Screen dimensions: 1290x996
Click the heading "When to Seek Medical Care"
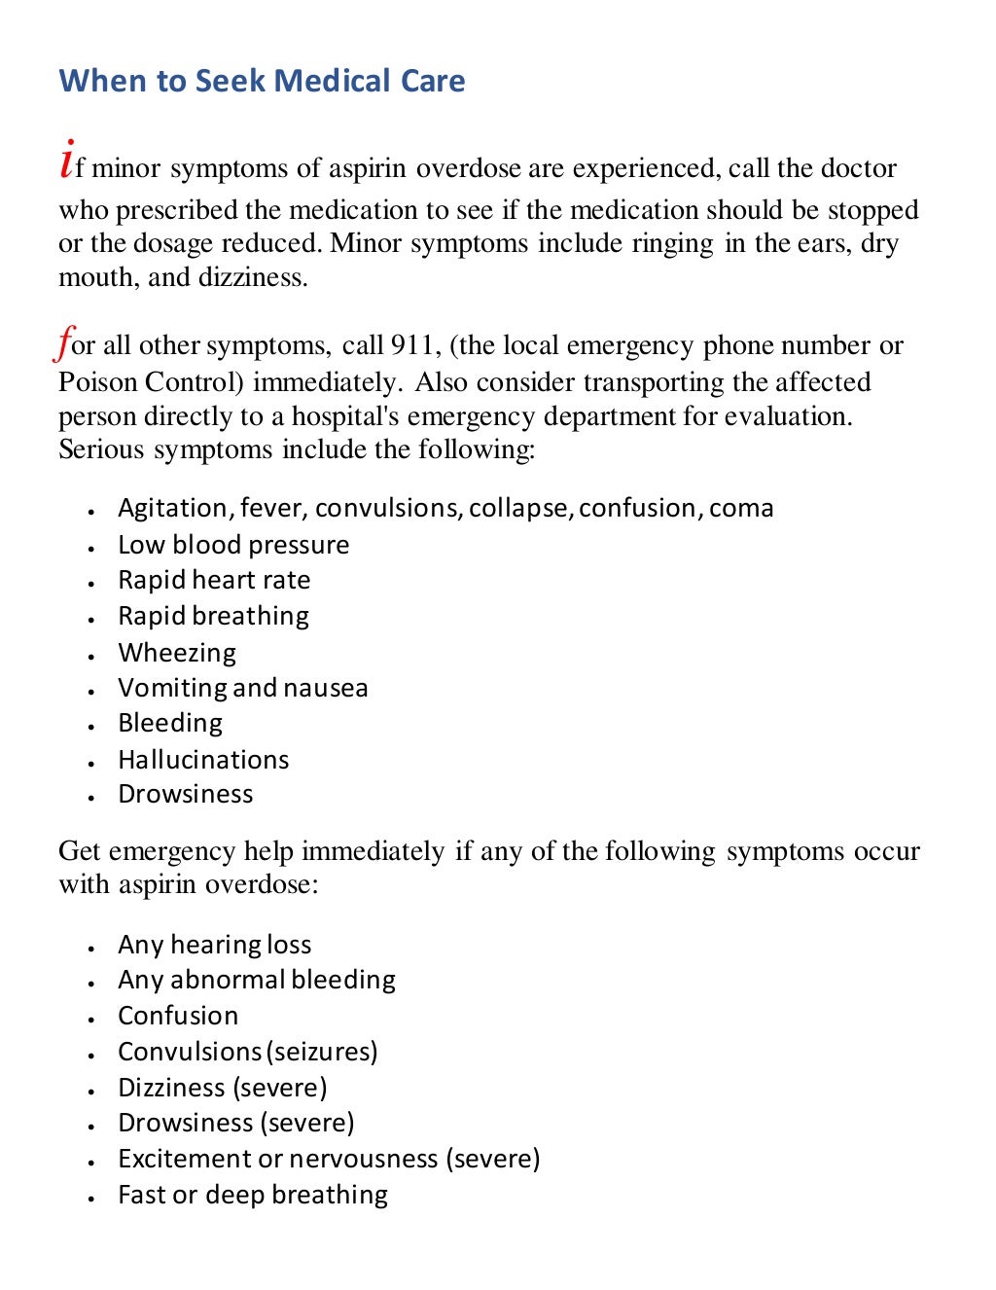[262, 80]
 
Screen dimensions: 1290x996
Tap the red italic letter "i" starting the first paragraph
[66, 161]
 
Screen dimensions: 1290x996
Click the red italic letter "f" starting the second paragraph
[64, 344]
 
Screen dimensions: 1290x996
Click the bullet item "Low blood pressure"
[232, 545]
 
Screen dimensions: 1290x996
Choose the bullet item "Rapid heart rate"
[214, 580]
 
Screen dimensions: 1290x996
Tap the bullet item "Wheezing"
[177, 653]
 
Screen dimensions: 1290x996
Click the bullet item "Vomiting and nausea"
[242, 688]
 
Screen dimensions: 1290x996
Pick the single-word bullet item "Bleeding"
[170, 723]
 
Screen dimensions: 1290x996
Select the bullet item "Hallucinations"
[203, 760]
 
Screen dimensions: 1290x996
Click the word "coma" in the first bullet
[741, 508]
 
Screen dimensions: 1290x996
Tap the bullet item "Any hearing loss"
[214, 945]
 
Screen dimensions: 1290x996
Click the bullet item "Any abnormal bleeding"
[256, 980]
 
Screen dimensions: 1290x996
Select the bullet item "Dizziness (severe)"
[222, 1088]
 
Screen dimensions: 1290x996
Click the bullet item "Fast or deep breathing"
[252, 1195]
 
